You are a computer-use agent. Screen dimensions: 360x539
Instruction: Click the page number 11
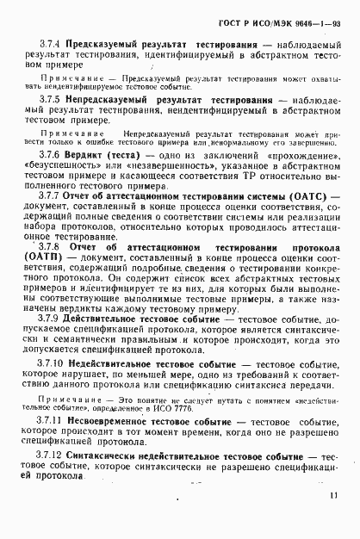(331, 519)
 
